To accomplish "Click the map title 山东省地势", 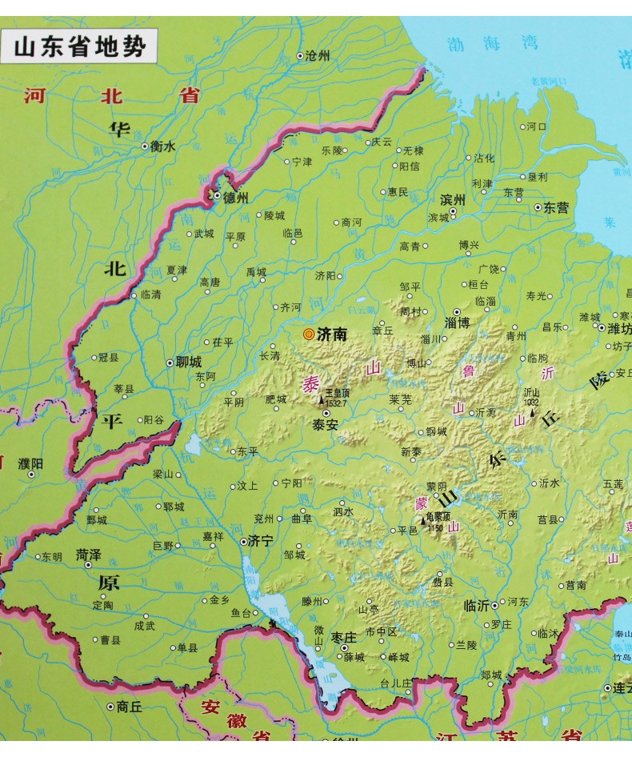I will click(x=80, y=47).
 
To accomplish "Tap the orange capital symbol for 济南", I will click(x=308, y=334).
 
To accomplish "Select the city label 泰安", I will click(x=325, y=426).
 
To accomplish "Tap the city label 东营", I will click(x=556, y=207).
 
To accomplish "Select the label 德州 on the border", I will click(x=236, y=197).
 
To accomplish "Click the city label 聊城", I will click(x=188, y=362).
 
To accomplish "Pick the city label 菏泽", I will click(x=88, y=554).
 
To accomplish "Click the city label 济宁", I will click(x=262, y=541).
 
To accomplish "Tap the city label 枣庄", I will click(x=343, y=637).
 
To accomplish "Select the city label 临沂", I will click(x=476, y=605).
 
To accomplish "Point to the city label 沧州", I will click(x=318, y=56).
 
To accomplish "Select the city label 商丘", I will click(x=128, y=706).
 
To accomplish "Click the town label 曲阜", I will click(x=302, y=519).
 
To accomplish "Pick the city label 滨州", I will click(x=452, y=199).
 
